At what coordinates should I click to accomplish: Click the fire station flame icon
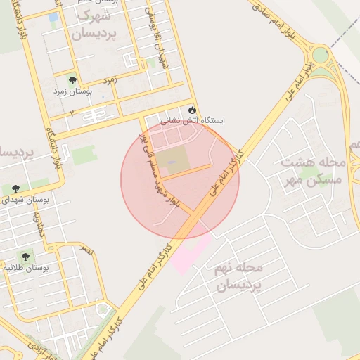click(191, 110)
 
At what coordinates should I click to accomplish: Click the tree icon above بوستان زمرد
click(72, 80)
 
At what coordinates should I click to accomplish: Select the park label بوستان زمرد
click(71, 91)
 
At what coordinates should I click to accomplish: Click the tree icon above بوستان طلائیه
click(26, 257)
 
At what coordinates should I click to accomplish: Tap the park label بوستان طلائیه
click(26, 269)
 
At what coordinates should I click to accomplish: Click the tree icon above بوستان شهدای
click(15, 188)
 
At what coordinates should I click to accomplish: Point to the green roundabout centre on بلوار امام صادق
click(321, 55)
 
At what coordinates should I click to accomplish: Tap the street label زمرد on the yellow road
click(110, 81)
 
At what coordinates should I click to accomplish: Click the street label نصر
click(85, 249)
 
